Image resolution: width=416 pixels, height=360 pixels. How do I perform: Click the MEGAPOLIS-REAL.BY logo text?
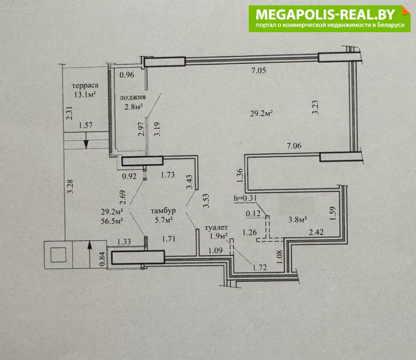[x=325, y=14]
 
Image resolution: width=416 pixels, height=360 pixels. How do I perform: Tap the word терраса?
[x=85, y=85]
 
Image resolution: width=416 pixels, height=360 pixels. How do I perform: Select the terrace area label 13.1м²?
[x=85, y=94]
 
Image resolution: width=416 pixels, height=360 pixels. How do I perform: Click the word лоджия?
[x=132, y=98]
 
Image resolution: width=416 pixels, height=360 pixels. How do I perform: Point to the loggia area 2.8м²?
[x=133, y=107]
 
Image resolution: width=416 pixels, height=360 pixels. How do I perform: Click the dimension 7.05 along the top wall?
[x=258, y=70]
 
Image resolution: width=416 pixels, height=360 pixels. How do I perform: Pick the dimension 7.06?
[x=294, y=145]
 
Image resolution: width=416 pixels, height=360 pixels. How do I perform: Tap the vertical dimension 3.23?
[x=315, y=107]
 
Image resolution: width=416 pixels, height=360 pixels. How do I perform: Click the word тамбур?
[x=163, y=211]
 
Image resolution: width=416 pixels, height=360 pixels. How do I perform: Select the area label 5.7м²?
[x=164, y=220]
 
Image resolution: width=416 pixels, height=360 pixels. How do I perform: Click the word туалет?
[x=216, y=227]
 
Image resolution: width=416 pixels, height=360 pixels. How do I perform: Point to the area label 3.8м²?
[x=298, y=219]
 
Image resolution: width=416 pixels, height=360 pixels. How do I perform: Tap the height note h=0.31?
[x=246, y=198]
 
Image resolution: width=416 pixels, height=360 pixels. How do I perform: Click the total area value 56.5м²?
[x=112, y=221]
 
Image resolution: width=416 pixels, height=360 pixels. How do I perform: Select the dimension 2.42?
[x=316, y=232]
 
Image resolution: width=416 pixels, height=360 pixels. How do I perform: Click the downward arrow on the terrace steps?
[x=86, y=141]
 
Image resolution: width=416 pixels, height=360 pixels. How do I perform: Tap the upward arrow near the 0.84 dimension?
[x=90, y=254]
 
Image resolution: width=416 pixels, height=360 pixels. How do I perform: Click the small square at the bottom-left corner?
[x=58, y=255]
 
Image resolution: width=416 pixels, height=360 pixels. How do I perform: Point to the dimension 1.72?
[x=259, y=267]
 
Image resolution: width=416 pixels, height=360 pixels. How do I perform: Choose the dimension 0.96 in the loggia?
[x=127, y=75]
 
